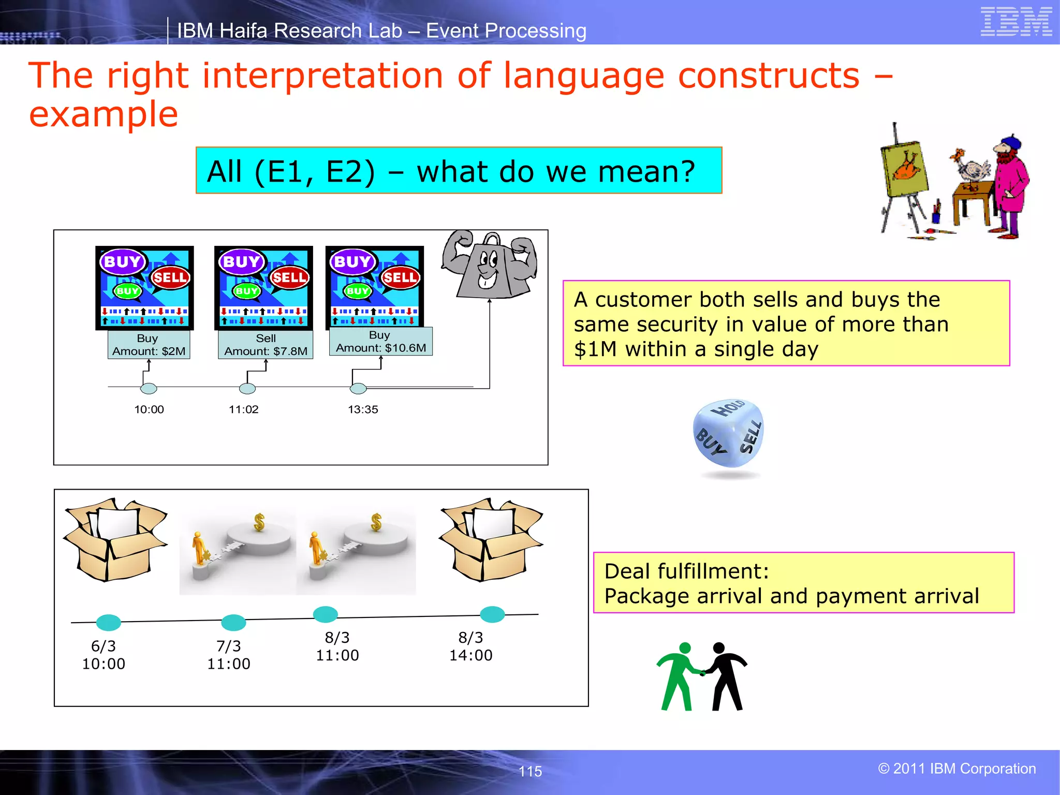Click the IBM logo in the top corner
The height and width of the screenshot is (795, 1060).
[1016, 22]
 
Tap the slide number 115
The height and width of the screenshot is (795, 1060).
[530, 771]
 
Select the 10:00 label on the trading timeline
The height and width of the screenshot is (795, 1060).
[149, 409]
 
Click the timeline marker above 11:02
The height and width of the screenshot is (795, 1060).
[247, 388]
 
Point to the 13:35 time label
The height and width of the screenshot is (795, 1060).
[363, 409]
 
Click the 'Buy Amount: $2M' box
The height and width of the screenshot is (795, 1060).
[149, 345]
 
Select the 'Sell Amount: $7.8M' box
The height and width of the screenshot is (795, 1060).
[266, 345]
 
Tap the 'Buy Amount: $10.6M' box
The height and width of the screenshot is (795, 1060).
[380, 342]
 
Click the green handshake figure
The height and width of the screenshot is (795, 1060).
[678, 675]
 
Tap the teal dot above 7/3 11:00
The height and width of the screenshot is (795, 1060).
[233, 622]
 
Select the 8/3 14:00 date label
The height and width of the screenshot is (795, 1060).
[470, 646]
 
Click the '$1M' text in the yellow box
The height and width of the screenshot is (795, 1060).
[595, 349]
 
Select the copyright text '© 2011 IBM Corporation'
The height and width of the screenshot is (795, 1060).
[956, 769]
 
